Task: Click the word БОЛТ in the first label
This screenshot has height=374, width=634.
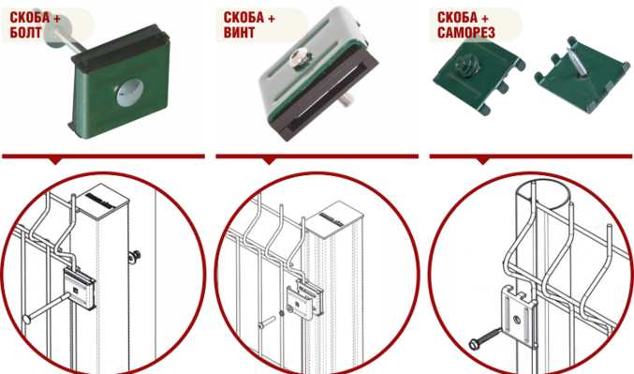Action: (25, 33)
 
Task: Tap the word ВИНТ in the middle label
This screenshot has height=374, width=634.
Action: (239, 33)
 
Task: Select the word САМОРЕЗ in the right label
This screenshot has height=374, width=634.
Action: (466, 33)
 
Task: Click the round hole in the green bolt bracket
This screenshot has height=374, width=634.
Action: (130, 93)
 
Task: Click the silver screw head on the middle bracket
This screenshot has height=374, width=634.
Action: (300, 59)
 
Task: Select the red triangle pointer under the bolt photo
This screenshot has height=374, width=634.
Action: (56, 161)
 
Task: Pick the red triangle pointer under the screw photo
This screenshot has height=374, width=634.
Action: (270, 161)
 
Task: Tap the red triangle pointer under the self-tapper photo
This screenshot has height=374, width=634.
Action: (483, 161)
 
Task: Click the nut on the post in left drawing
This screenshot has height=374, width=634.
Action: (135, 256)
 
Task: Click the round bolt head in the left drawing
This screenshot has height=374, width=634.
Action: (26, 320)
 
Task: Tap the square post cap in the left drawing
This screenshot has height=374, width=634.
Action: (103, 198)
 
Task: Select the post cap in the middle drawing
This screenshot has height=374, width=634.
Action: (335, 217)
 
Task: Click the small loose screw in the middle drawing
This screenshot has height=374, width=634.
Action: (267, 322)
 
